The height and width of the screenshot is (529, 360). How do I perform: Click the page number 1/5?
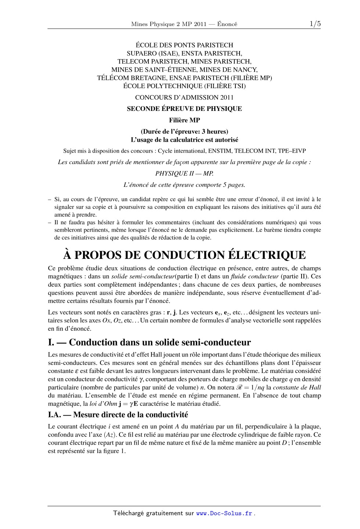pos(315,24)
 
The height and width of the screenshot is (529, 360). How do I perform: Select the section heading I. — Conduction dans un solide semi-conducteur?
pos(149,342)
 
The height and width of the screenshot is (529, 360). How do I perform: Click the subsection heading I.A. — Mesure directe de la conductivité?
pos(118,415)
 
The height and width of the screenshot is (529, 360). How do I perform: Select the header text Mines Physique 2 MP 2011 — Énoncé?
pos(184,24)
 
